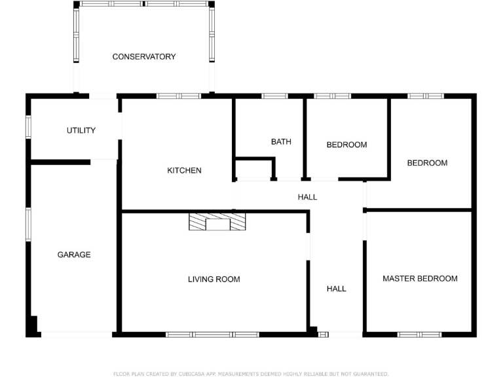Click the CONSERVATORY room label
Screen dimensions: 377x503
coord(144,57)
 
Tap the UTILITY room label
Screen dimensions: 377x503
coord(81,130)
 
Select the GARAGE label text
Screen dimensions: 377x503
coord(74,255)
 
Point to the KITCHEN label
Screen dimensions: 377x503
coord(184,171)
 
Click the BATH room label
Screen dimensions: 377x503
coord(281,141)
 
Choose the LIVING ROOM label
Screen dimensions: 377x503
coord(214,279)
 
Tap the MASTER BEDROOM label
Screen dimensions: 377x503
coord(420,279)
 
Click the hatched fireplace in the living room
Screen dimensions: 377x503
coord(218,221)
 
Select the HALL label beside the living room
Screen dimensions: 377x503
coord(337,289)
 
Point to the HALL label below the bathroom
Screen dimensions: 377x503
coord(307,197)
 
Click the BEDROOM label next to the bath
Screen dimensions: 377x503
coord(346,145)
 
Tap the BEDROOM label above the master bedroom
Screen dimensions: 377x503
coord(427,163)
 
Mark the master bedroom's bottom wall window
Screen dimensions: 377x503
coord(420,334)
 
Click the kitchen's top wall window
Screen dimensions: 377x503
coord(179,96)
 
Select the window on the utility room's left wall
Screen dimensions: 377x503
coord(28,127)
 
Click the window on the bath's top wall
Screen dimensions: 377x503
coord(274,96)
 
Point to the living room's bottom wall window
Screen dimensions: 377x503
coord(212,334)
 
